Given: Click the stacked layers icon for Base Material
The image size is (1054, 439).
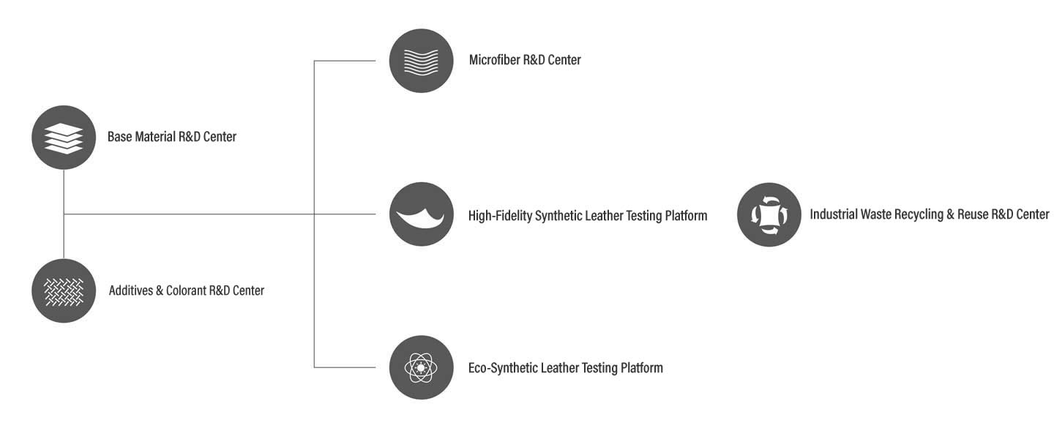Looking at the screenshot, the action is (x=64, y=138).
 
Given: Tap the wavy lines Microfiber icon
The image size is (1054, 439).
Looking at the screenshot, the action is (x=421, y=61).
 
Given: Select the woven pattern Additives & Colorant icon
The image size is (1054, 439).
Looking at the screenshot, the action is (x=64, y=290).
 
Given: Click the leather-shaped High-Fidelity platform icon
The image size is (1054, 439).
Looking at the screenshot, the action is (x=421, y=214).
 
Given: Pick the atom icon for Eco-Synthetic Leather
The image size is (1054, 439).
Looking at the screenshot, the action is (x=421, y=367).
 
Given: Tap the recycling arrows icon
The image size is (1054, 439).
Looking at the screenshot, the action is (x=769, y=214).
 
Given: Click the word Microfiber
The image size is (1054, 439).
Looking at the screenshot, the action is (x=494, y=60).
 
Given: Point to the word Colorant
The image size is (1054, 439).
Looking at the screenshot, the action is (x=186, y=290).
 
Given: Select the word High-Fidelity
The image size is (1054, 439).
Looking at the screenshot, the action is (x=500, y=216).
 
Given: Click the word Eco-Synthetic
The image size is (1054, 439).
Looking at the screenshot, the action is (x=503, y=368).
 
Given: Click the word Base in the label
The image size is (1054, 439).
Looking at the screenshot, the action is (x=119, y=136).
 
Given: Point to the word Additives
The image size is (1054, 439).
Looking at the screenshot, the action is (x=131, y=290).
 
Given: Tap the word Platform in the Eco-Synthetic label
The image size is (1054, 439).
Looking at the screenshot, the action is (x=642, y=368).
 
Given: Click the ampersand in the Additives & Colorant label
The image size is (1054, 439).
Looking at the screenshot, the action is (x=160, y=290).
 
